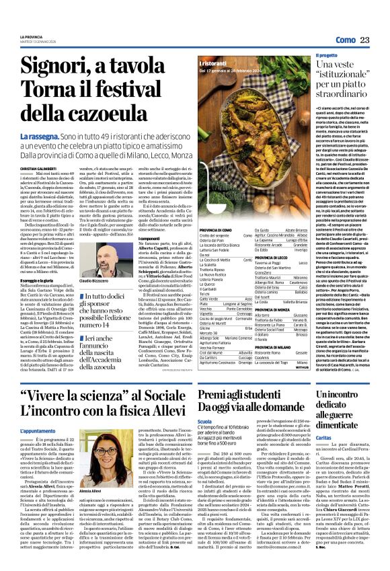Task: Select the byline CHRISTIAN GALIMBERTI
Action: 37,169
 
